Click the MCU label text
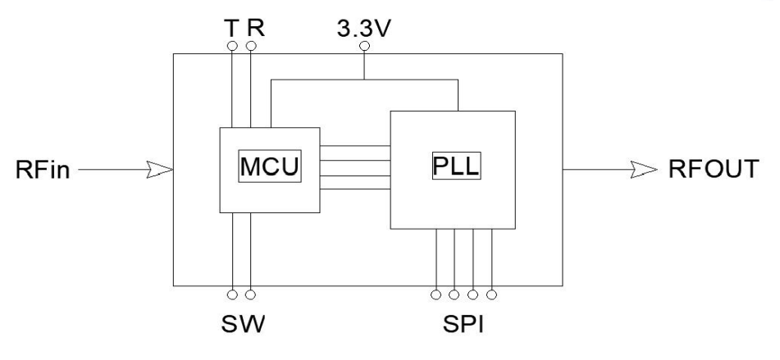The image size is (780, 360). (267, 167)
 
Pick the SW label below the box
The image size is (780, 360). (243, 321)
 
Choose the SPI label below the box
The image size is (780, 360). (463, 321)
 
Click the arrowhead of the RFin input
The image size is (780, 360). (161, 170)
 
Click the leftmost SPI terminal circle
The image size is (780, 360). (436, 294)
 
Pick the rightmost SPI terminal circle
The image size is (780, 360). (492, 294)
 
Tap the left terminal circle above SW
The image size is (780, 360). (232, 294)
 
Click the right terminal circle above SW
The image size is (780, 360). (251, 294)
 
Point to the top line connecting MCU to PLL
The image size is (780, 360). (354, 145)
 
